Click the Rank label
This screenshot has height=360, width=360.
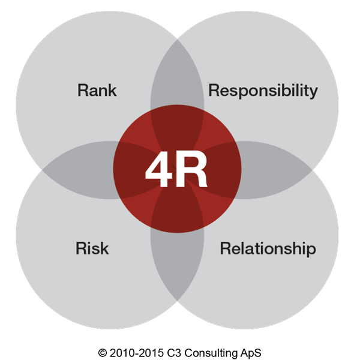pos(97,91)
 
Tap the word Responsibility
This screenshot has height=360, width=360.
pos(262,91)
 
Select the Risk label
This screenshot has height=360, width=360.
pos(92,248)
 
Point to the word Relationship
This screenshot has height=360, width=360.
pos(268,248)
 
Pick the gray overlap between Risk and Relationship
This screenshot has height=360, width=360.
pos(177,264)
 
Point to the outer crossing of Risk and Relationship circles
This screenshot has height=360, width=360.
pos(177,300)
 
